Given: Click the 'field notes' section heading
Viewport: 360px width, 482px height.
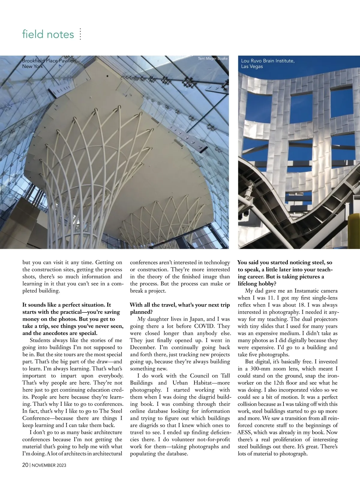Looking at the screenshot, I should tap(48, 34).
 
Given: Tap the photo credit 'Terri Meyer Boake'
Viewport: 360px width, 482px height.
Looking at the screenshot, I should tap(213, 59).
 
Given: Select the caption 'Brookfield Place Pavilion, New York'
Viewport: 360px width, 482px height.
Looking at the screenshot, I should tap(49, 63).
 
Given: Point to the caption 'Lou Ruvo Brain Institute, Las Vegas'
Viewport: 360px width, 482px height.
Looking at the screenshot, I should tap(268, 64).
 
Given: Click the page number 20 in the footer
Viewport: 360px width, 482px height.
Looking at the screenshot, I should tap(25, 465).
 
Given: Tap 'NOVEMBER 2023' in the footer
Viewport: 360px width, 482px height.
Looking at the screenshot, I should tap(49, 465).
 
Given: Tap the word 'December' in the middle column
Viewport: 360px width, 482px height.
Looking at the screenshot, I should tap(142, 348).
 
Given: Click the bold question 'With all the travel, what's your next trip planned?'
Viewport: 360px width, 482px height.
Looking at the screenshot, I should tap(180, 308).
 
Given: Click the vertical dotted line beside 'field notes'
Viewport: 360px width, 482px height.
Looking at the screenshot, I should tap(80, 34).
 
